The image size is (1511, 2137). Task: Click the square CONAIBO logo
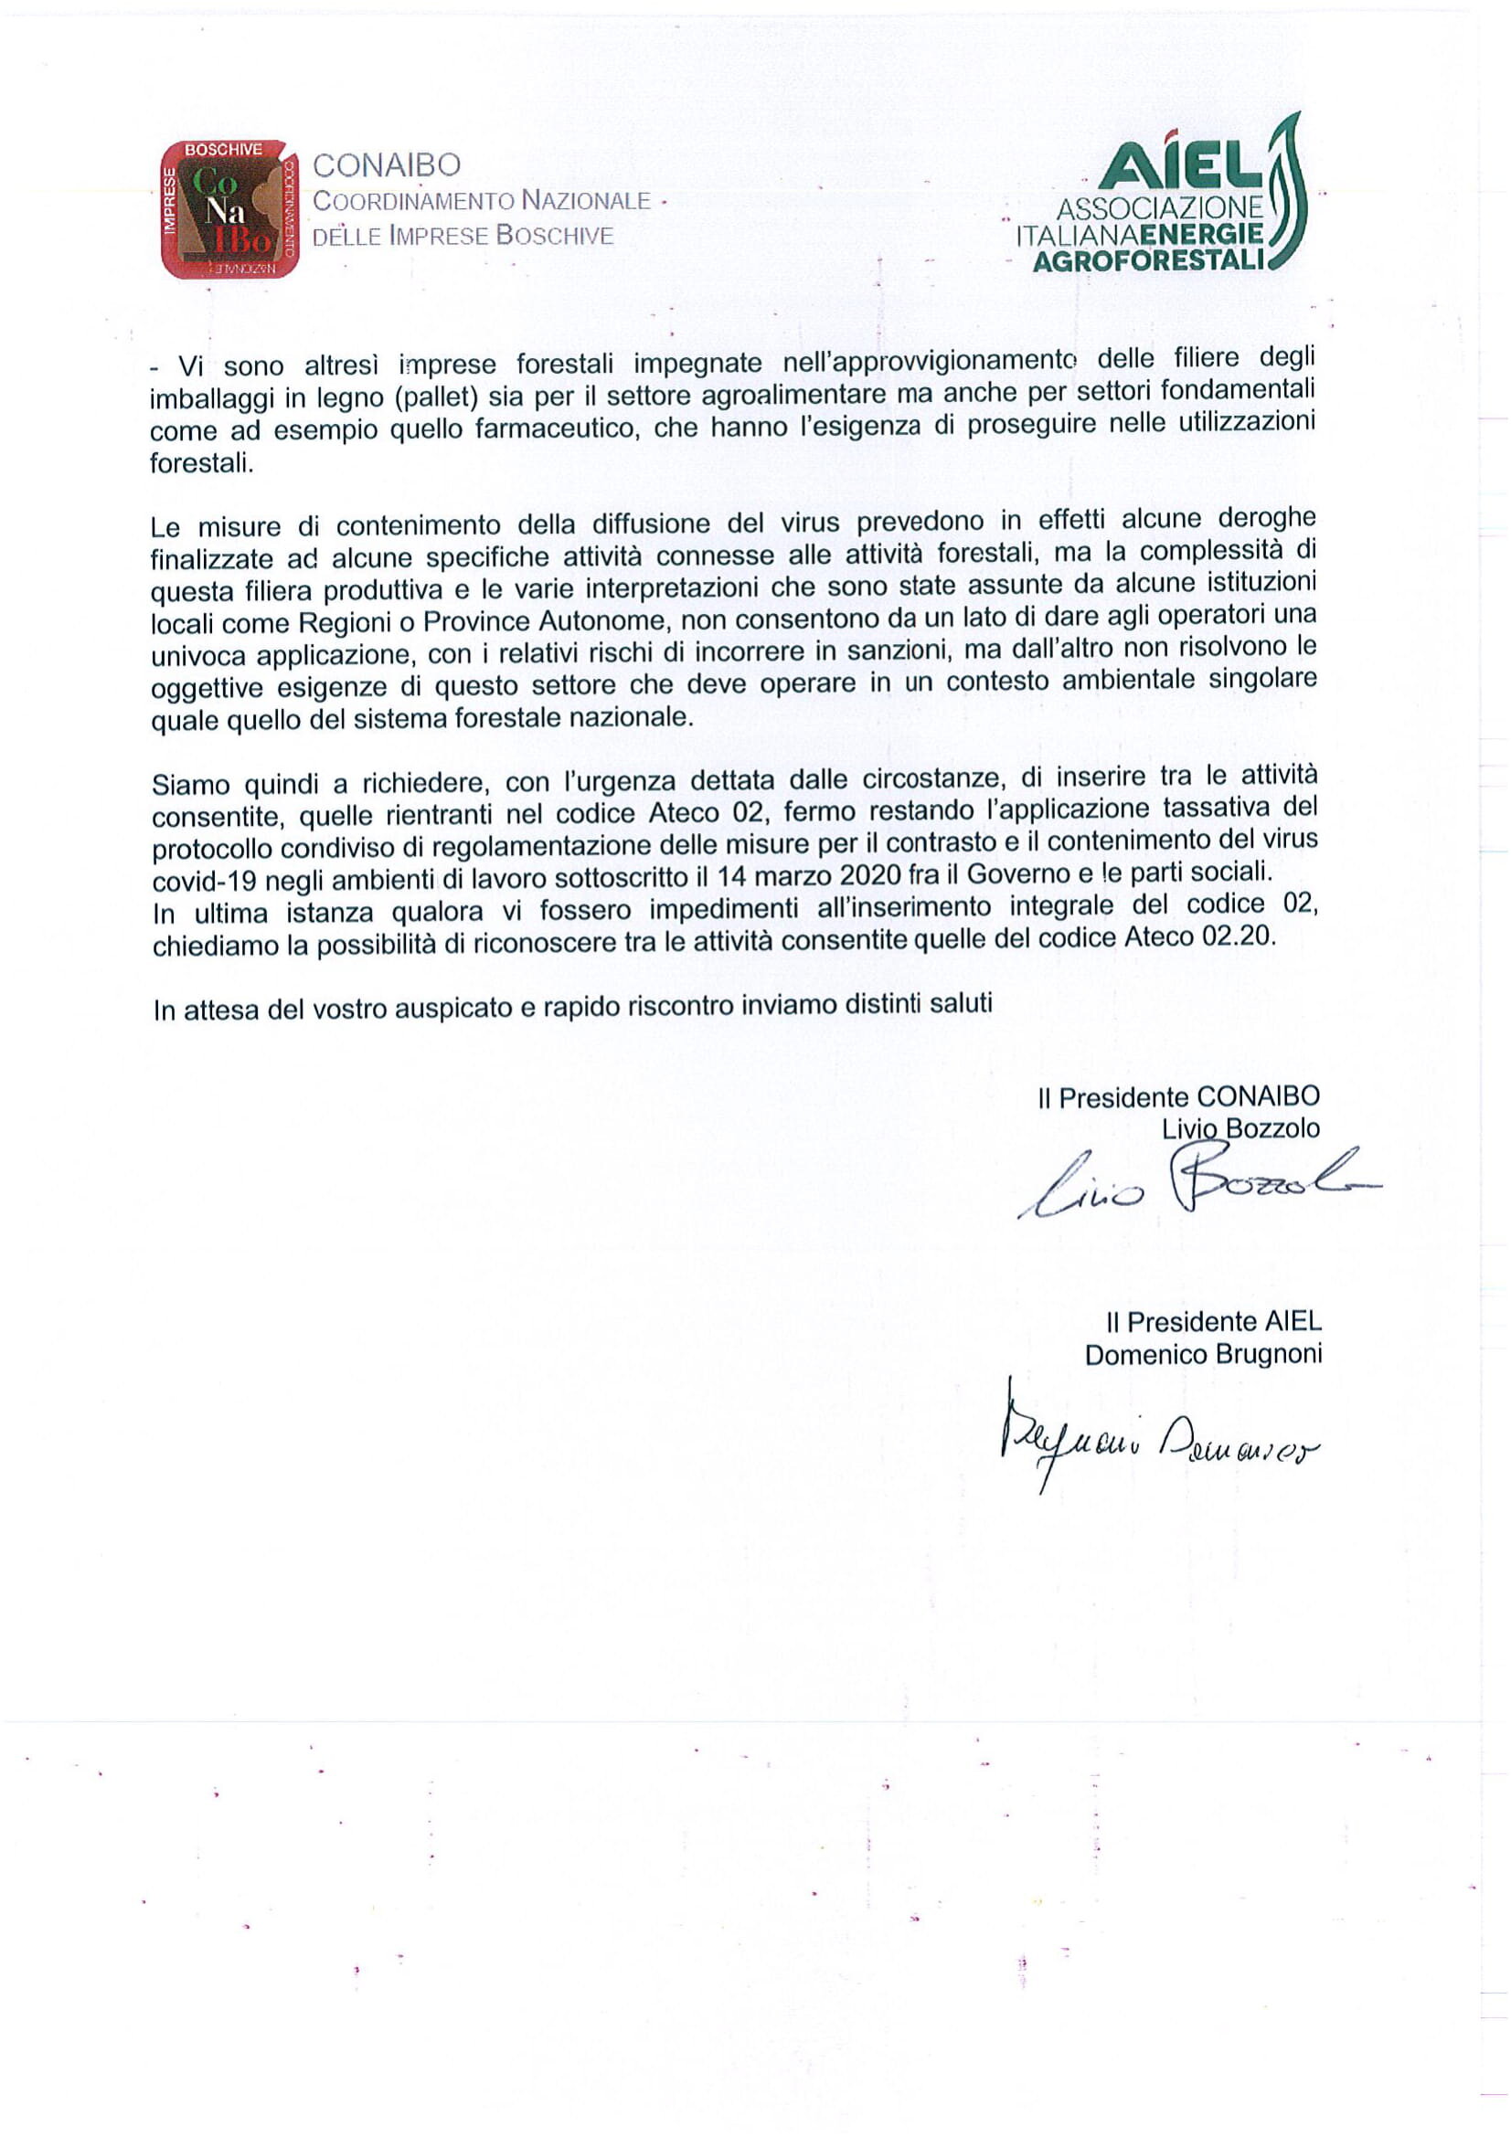230,209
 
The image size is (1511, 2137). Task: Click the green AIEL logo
1163,198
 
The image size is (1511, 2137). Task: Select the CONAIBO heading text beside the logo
387,165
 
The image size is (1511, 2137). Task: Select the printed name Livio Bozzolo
1240,1129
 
